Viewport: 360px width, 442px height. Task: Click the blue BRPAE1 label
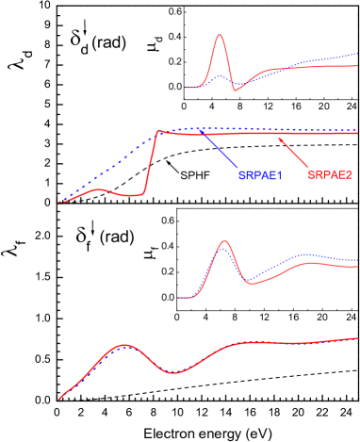coord(259,175)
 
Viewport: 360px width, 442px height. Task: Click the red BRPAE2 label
coord(329,175)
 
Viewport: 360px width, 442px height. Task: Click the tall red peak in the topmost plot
coord(220,36)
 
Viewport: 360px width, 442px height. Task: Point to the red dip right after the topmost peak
coord(235,90)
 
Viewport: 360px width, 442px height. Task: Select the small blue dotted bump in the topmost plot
coord(219,76)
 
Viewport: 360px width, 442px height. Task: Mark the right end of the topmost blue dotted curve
coord(357,55)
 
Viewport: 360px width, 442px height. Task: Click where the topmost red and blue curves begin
coord(188,88)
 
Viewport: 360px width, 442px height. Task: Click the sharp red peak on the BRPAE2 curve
coord(158,131)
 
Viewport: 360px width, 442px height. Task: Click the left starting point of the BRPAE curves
coord(60,202)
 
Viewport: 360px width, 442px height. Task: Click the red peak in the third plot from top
coord(223,241)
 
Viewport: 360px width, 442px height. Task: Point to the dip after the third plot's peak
coord(248,281)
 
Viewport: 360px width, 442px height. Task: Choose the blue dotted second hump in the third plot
coord(303,254)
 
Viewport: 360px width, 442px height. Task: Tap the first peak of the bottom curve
coord(123,346)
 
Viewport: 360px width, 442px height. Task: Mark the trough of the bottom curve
coord(171,373)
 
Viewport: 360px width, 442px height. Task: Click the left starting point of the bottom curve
coord(59,399)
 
